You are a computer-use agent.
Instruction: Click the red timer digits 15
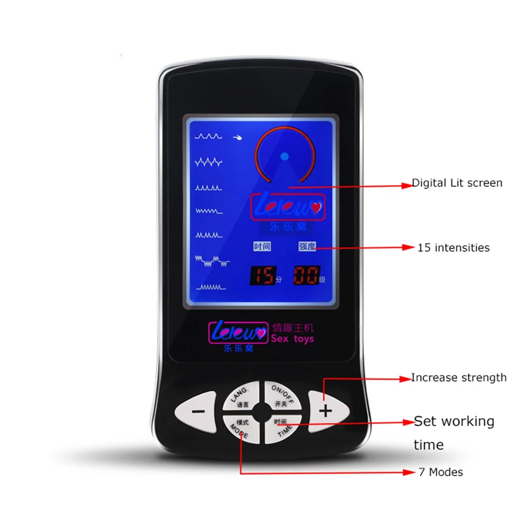pos(264,276)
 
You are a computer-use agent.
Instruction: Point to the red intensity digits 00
pos(305,276)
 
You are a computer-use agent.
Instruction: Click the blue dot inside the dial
pos(285,156)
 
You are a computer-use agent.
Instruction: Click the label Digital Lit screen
pos(457,183)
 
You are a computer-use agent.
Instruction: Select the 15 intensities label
pos(453,248)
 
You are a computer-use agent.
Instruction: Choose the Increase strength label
pos(459,378)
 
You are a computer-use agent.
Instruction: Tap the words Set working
pos(454,421)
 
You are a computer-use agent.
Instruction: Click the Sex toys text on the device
pos(292,339)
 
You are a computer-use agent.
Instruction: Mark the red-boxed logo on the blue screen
pos(288,207)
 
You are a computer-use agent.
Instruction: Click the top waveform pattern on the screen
pos(209,136)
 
